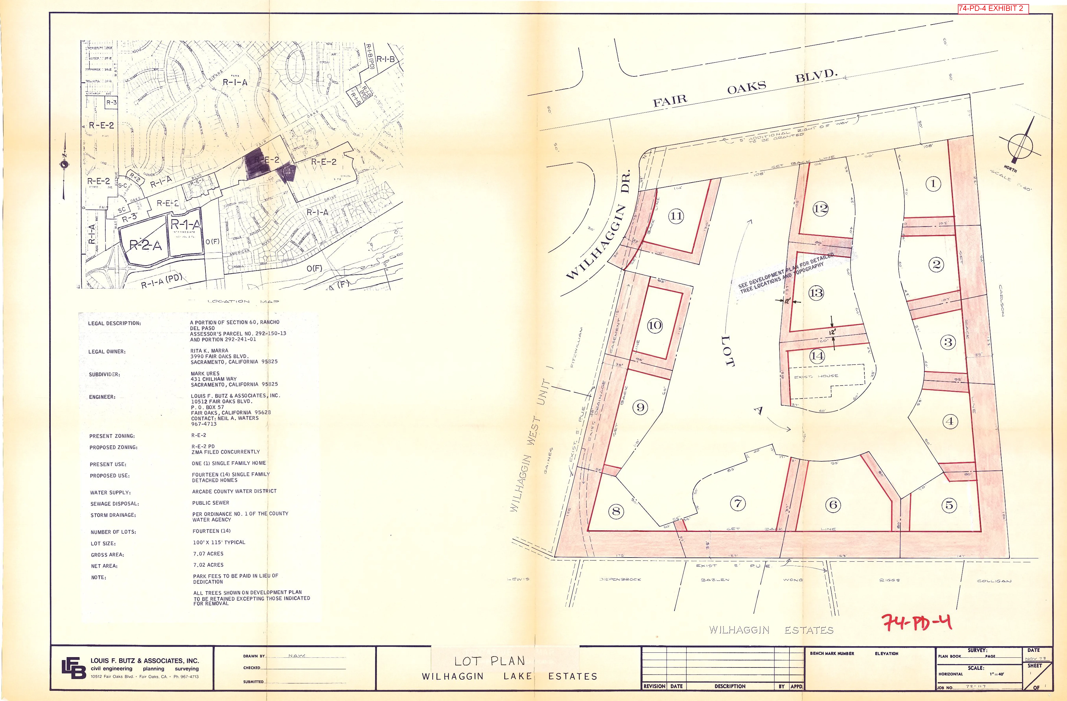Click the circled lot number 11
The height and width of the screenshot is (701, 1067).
point(676,216)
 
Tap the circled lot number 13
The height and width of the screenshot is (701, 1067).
point(816,293)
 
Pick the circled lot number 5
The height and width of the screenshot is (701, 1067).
point(949,505)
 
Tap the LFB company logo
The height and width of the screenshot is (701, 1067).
point(74,668)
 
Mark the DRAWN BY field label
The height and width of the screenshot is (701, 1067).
point(254,656)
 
